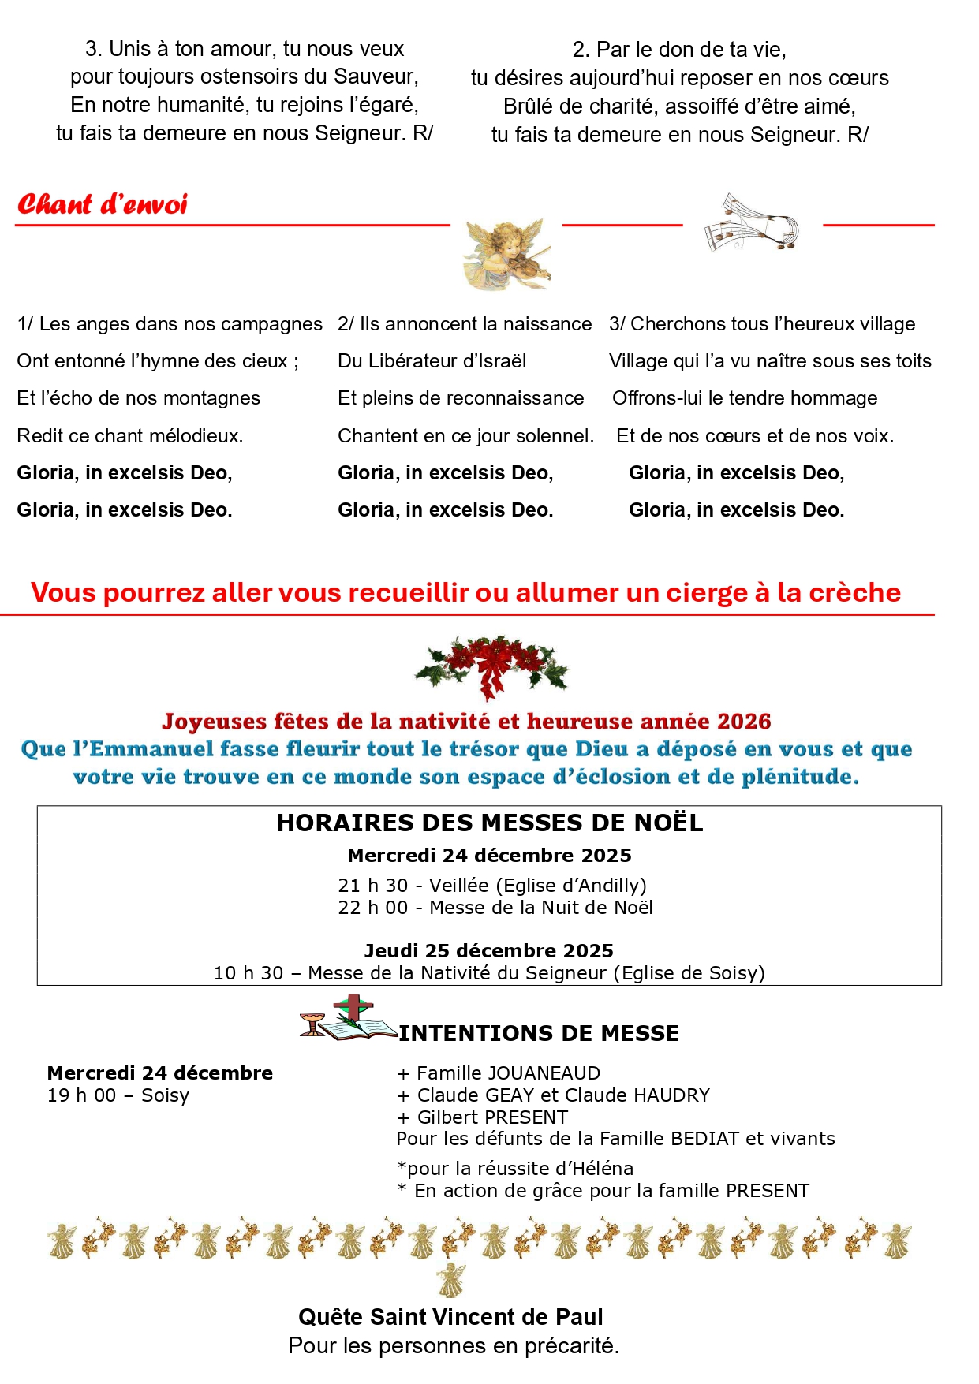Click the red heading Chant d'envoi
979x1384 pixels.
tap(103, 204)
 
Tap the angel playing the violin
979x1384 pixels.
tap(506, 254)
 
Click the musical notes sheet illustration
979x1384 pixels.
tap(751, 223)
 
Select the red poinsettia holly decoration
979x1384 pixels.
tap(491, 664)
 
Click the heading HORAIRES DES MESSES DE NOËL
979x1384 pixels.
tap(489, 823)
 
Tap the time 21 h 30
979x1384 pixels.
tap(372, 886)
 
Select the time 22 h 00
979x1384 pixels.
tap(372, 908)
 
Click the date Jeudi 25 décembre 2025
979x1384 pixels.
tap(488, 950)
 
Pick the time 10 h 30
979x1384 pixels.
tap(248, 973)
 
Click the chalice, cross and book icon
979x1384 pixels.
tap(347, 1019)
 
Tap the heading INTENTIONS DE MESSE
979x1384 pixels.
tap(539, 1033)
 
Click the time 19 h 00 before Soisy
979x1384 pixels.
tap(81, 1095)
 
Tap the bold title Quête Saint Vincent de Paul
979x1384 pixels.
tap(450, 1317)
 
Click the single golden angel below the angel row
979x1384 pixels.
tap(451, 1279)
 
